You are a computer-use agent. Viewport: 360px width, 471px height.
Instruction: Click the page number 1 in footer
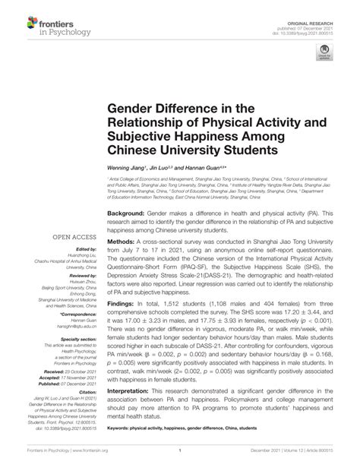[179, 460]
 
